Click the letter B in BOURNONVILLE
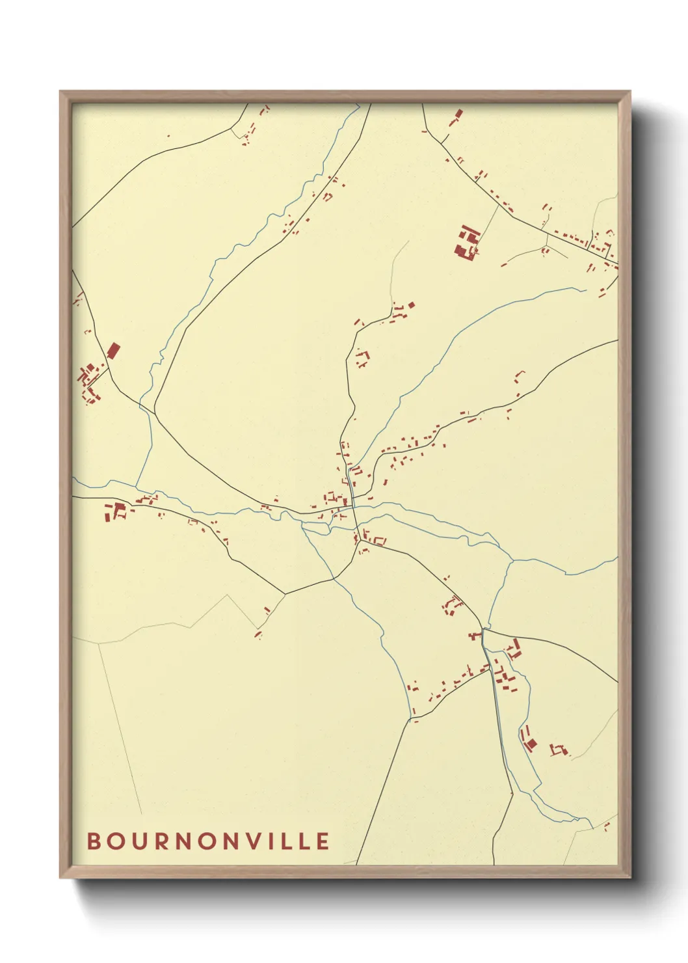[93, 841]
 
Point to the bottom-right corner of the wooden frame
[629, 876]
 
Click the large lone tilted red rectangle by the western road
[113, 351]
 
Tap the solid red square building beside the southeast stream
[531, 743]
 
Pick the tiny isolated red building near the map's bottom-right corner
[606, 826]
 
